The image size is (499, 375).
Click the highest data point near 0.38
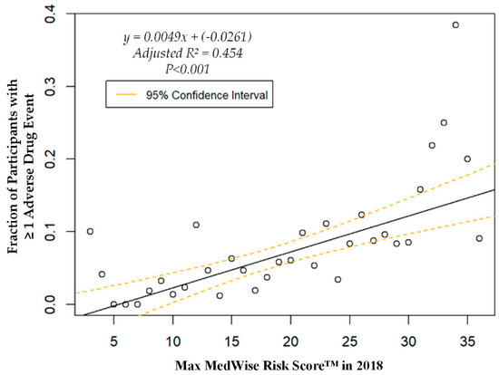(455, 24)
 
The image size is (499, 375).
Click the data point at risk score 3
(90, 231)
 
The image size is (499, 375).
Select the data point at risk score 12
(196, 225)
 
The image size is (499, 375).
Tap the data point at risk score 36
(479, 238)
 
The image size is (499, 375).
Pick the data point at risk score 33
(444, 122)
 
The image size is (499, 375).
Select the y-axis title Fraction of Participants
(18, 159)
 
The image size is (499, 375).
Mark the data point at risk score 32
(432, 145)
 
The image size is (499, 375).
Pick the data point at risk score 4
(102, 274)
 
